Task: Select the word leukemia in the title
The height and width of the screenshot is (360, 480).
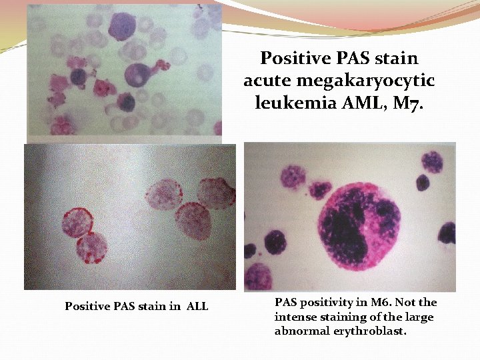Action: [x=287, y=103]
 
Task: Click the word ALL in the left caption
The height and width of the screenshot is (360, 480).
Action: [x=197, y=307]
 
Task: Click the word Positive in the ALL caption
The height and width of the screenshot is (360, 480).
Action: [x=85, y=307]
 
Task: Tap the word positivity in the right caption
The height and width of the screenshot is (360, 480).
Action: [x=321, y=303]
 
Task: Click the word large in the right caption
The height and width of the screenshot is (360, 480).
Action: [x=419, y=317]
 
